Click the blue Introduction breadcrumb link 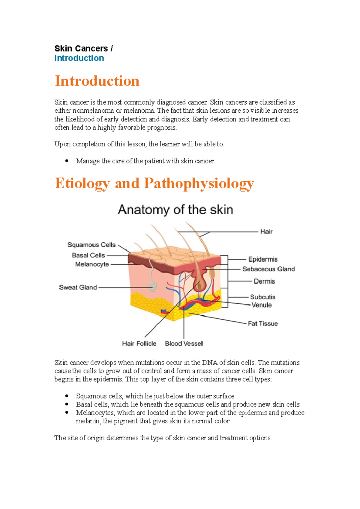click(x=79, y=58)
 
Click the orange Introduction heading click(x=97, y=81)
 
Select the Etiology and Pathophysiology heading click(x=154, y=183)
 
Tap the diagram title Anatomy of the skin click(x=175, y=210)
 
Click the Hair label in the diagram click(x=266, y=232)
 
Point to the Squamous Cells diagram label click(x=91, y=245)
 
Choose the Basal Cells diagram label click(x=88, y=255)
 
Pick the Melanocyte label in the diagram click(x=92, y=264)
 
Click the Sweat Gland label click(x=78, y=287)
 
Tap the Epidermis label click(x=263, y=259)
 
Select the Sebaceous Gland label click(x=268, y=269)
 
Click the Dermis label click(x=264, y=281)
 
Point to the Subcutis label click(x=263, y=297)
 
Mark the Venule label click(x=262, y=305)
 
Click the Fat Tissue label click(x=263, y=324)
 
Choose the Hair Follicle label click(x=139, y=344)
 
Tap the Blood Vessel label click(x=184, y=344)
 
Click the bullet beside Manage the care click(x=67, y=161)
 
